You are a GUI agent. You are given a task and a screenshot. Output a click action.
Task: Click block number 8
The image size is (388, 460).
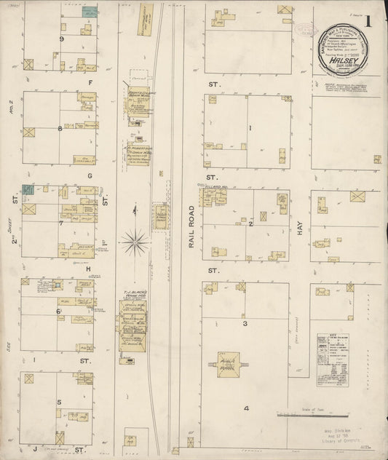[x=60, y=129]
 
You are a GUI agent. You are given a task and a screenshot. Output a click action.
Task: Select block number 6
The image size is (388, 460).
[x=58, y=312]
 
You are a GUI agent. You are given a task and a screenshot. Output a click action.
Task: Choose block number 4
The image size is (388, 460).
[x=246, y=408]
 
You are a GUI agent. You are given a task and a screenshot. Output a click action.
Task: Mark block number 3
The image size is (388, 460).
[x=245, y=322]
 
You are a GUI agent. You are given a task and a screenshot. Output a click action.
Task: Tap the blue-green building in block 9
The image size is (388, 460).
[x=90, y=12]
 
